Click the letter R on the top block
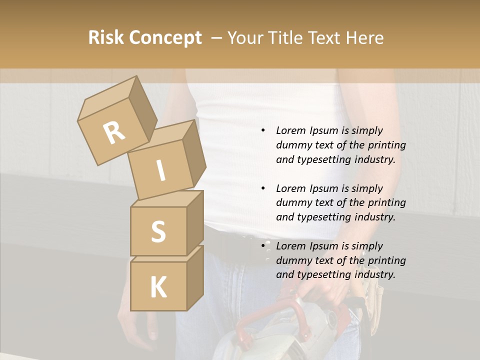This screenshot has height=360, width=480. [114, 133]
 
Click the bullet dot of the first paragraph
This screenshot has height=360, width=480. [263, 131]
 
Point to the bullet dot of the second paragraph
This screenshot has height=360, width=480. [263, 189]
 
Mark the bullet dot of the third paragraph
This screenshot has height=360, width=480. [263, 246]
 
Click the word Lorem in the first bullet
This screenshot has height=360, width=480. [290, 130]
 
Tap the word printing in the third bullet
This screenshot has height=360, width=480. [387, 260]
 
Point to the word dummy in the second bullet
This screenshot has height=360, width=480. [292, 202]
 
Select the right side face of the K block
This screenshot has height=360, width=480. [195, 277]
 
